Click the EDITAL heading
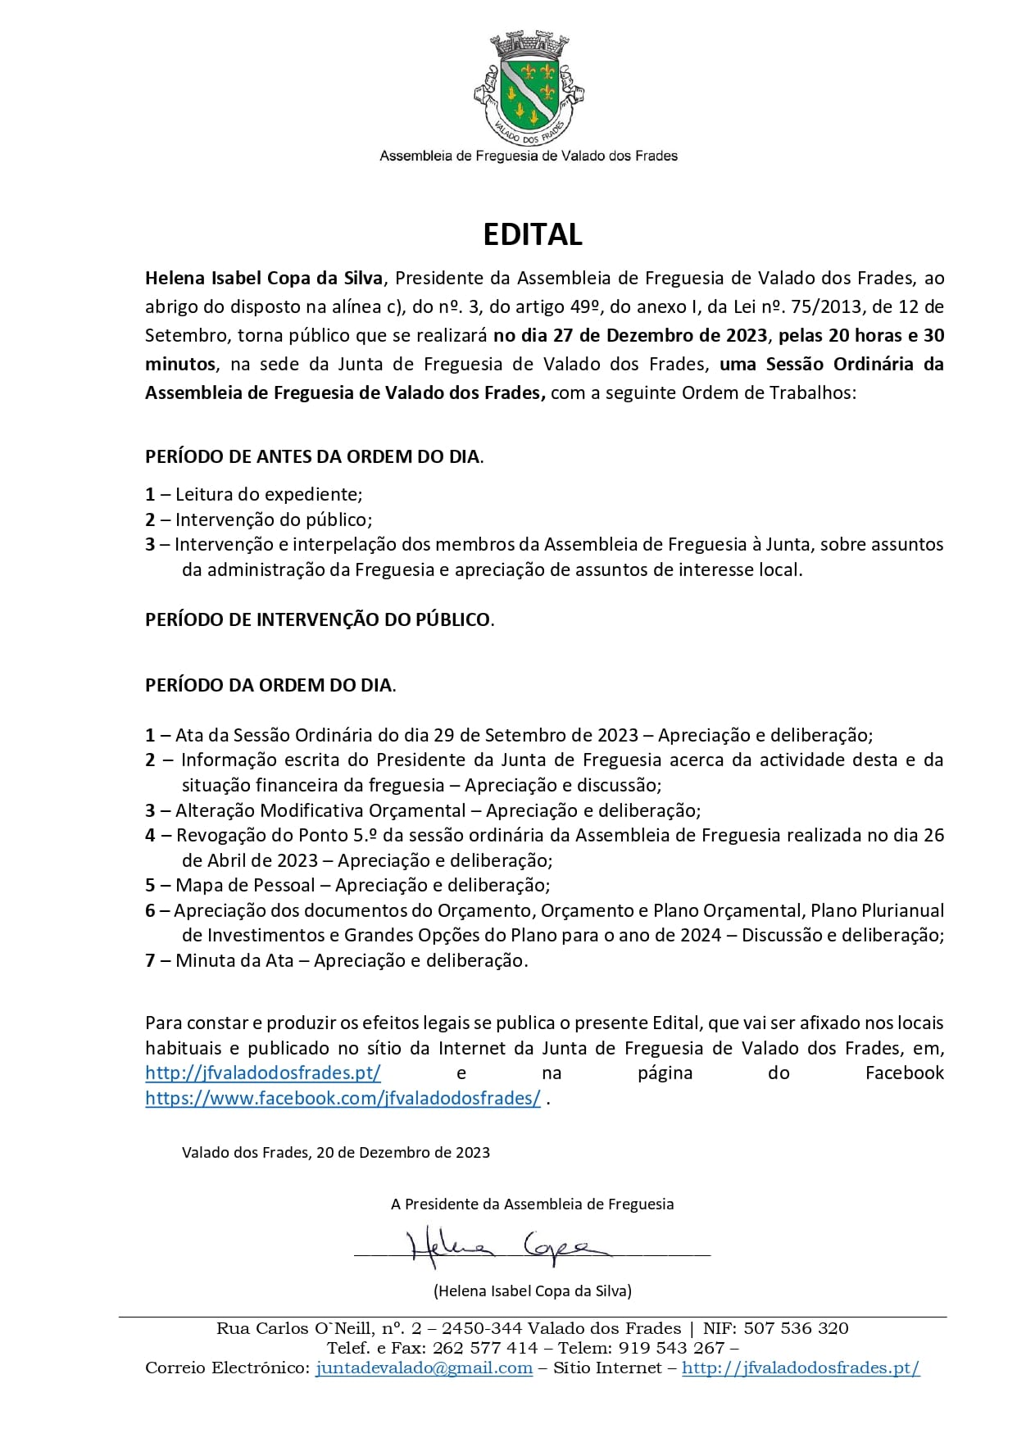coord(532,234)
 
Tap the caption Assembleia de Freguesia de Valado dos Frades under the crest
coord(529,156)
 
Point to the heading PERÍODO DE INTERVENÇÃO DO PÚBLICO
coord(319,619)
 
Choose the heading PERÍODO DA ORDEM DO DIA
coord(270,685)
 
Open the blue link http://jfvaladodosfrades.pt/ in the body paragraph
coord(263,1073)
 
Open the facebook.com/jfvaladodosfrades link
coord(343,1098)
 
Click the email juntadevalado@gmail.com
coord(424,1368)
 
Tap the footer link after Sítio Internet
coord(801,1368)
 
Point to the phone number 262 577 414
coord(485,1348)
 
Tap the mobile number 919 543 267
coord(671,1348)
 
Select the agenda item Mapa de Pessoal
coord(245,885)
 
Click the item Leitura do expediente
coord(268,494)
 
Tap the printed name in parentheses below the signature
coord(533,1291)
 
